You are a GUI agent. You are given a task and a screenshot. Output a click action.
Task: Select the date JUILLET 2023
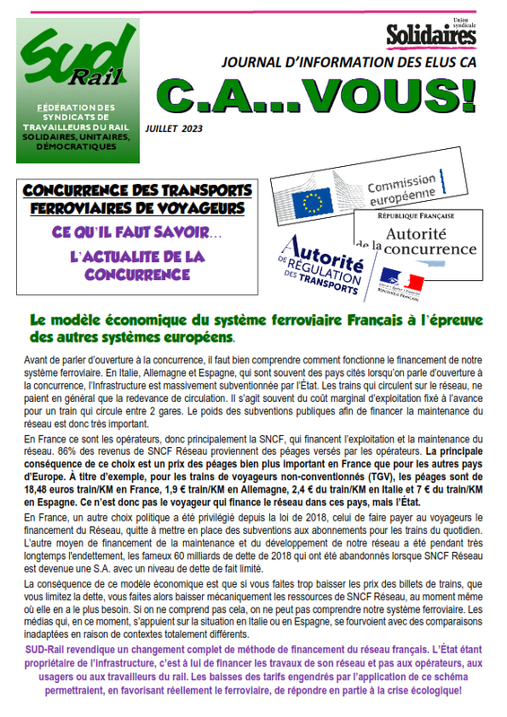[x=174, y=128]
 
